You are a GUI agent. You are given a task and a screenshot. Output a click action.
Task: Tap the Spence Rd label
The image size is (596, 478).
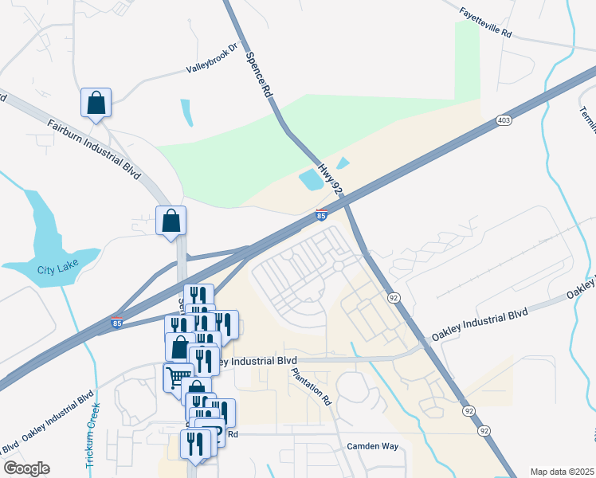point(260,76)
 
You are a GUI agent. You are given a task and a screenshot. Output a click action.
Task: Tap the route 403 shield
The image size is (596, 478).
point(503,120)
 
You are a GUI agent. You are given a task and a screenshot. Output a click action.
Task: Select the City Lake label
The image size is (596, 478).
point(55,269)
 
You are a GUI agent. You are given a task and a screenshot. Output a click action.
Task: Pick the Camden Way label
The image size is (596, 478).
point(372,446)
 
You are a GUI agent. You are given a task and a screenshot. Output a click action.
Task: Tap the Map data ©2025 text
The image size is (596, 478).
point(562,471)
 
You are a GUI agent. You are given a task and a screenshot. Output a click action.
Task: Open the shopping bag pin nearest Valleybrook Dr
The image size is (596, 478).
point(96,102)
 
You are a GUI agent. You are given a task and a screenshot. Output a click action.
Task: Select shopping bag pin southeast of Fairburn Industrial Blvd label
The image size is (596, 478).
point(171,221)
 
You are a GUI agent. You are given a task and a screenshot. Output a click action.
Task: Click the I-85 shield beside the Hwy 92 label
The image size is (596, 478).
point(321,214)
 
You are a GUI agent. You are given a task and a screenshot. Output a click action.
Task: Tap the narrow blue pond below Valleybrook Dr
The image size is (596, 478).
point(186,113)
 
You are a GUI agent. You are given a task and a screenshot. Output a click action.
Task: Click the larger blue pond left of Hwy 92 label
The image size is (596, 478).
point(311,180)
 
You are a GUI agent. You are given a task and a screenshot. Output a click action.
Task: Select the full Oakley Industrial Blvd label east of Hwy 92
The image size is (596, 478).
point(480,325)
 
